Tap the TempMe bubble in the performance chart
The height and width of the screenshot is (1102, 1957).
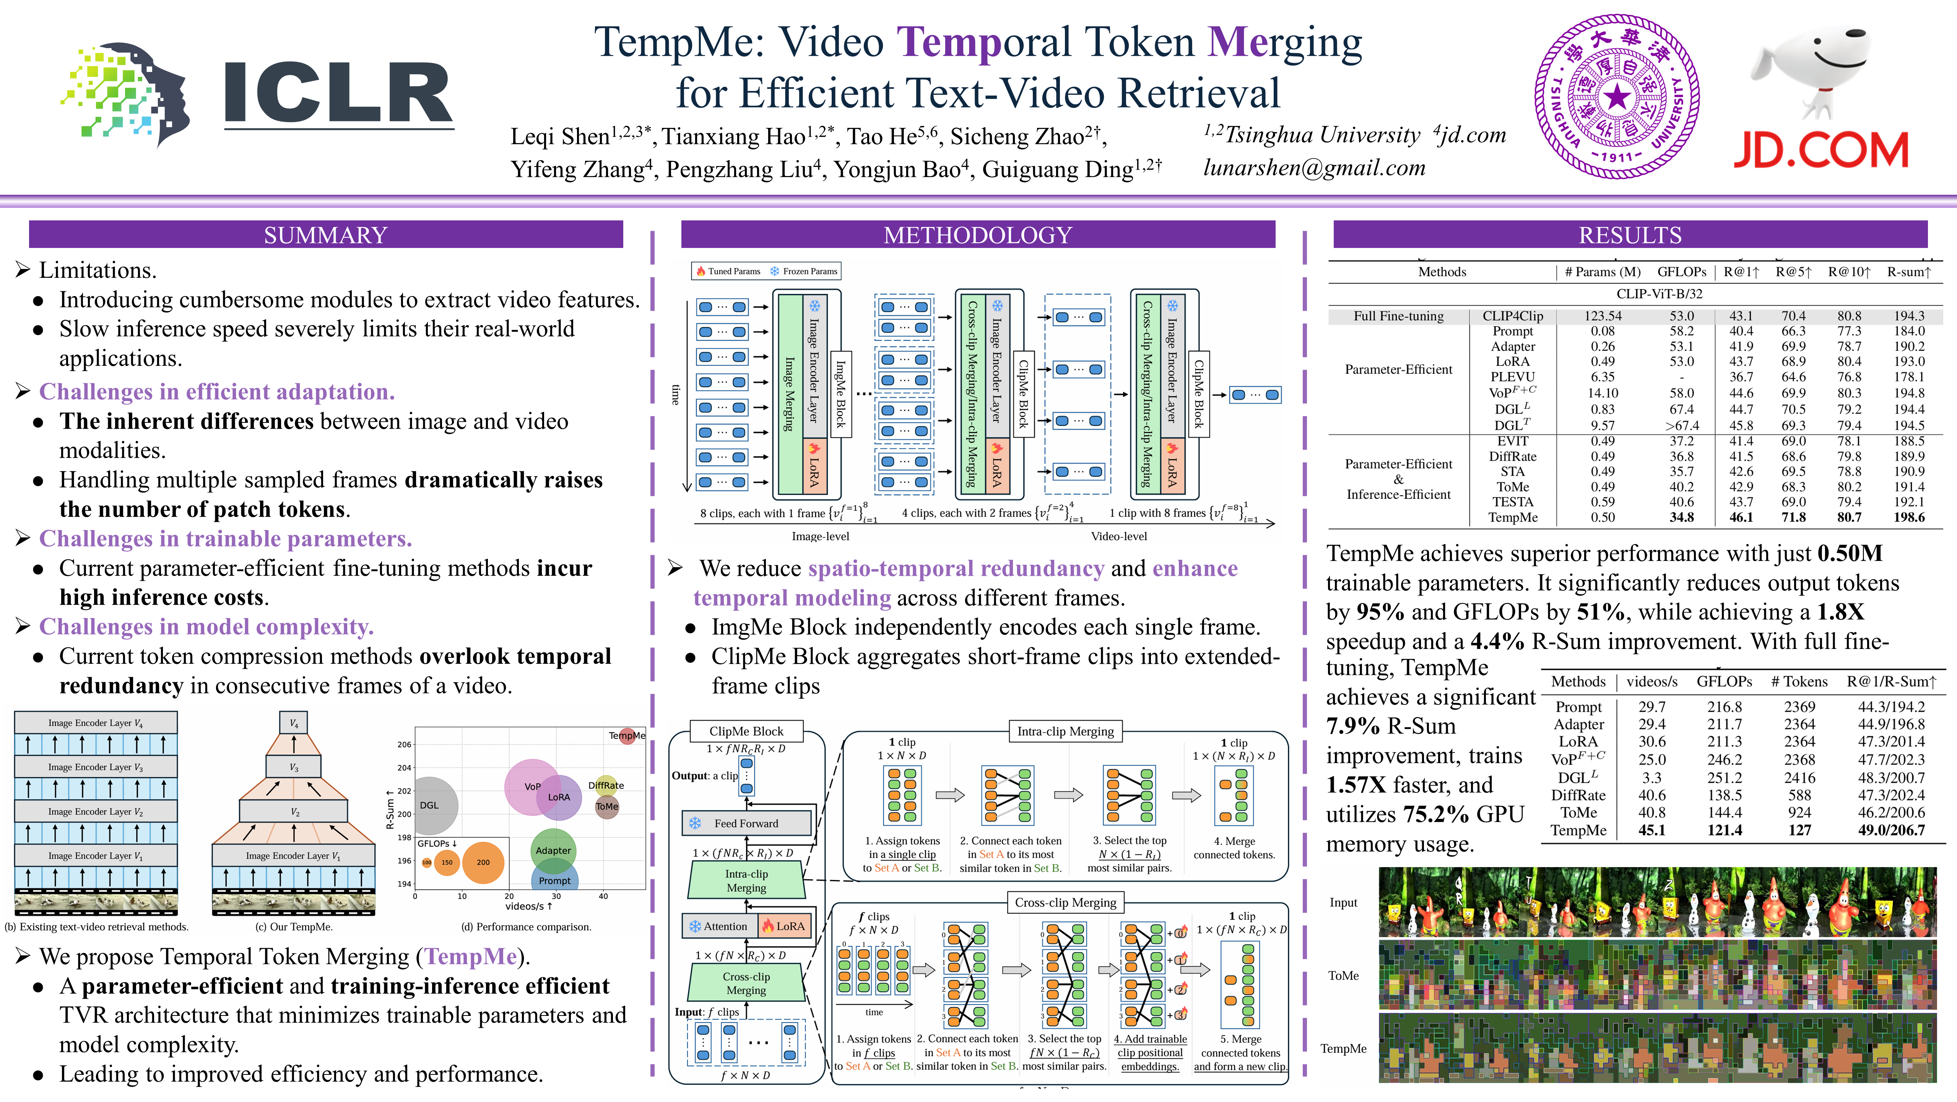coord(627,735)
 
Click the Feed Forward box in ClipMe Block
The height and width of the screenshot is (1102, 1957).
coord(746,823)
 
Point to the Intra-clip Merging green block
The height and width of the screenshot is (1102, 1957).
coord(746,881)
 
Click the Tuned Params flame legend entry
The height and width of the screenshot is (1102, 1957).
coord(728,271)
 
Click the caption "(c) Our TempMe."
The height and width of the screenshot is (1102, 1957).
coord(294,926)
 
